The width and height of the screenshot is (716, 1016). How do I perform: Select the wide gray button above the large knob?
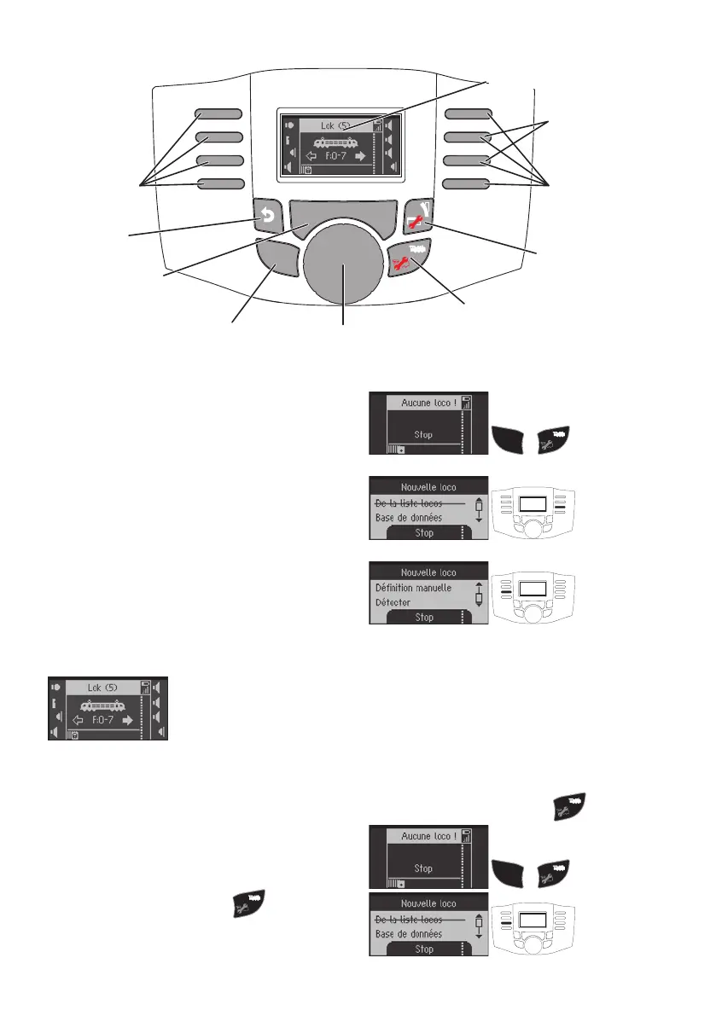point(342,218)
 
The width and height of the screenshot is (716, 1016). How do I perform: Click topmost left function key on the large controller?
point(220,113)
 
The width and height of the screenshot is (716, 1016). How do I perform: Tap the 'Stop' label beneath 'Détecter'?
point(424,618)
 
